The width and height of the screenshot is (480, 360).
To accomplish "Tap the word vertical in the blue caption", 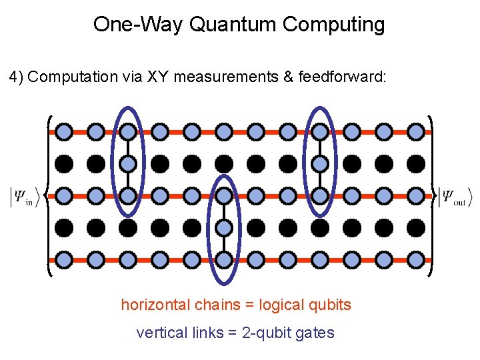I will point(157,333).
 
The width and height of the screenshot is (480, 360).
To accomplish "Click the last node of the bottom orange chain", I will point(416,259).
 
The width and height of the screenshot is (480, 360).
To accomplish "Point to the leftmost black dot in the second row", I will point(64,163).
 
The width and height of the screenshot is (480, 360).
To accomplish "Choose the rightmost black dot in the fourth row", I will point(416,227).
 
